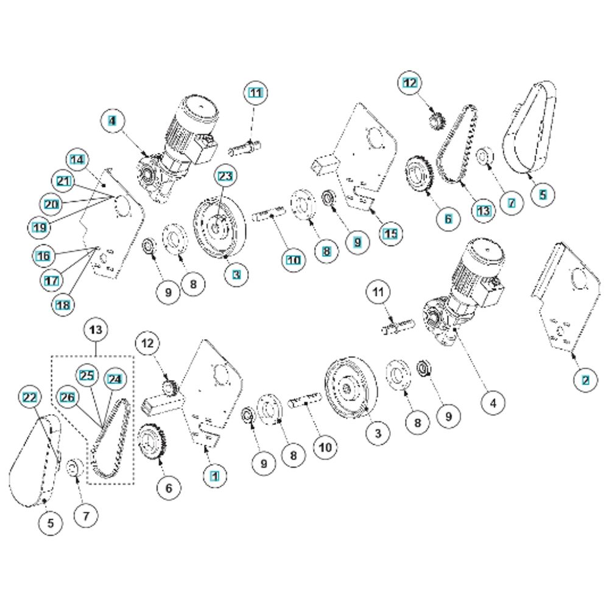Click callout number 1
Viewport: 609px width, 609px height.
[213, 472]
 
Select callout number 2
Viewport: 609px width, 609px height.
[585, 380]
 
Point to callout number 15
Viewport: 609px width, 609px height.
[390, 233]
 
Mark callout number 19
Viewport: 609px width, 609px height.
[40, 227]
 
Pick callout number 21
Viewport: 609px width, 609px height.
[64, 181]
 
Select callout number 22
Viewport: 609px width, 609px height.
[30, 398]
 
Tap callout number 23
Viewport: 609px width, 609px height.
[224, 177]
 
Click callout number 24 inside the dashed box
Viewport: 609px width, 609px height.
[114, 379]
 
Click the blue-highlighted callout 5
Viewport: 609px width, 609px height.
[543, 194]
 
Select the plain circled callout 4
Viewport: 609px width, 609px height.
[493, 402]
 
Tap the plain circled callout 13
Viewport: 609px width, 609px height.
[97, 329]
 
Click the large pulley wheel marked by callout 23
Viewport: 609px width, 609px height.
[218, 228]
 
